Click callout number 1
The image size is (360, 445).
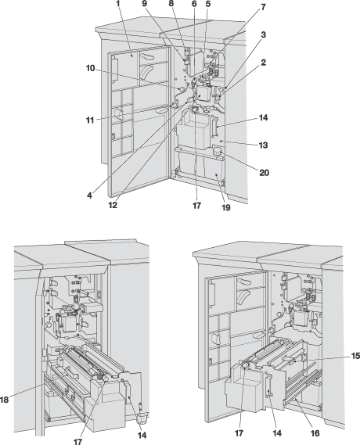pyautogui.click(x=118, y=4)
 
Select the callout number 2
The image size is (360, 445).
pyautogui.click(x=264, y=63)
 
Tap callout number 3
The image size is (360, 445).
pyautogui.click(x=264, y=35)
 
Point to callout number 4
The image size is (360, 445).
pyautogui.click(x=89, y=196)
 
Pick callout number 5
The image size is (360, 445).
pyautogui.click(x=208, y=4)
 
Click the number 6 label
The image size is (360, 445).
pyautogui.click(x=194, y=4)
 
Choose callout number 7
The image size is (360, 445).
pyautogui.click(x=264, y=7)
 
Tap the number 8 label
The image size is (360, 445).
pyautogui.click(x=171, y=4)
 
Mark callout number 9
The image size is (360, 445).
pyautogui.click(x=145, y=4)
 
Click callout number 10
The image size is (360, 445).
pyautogui.click(x=90, y=68)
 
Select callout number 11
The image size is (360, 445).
pyautogui.click(x=90, y=120)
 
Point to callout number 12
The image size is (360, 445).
pyautogui.click(x=113, y=205)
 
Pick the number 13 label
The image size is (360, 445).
pyautogui.click(x=264, y=145)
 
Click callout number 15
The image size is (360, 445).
pyautogui.click(x=355, y=356)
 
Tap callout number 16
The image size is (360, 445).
pyautogui.click(x=315, y=433)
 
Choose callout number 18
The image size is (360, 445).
pyautogui.click(x=4, y=400)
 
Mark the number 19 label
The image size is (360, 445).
pyautogui.click(x=225, y=208)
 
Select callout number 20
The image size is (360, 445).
pyautogui.click(x=264, y=173)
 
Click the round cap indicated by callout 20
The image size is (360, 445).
pyautogui.click(x=218, y=150)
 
